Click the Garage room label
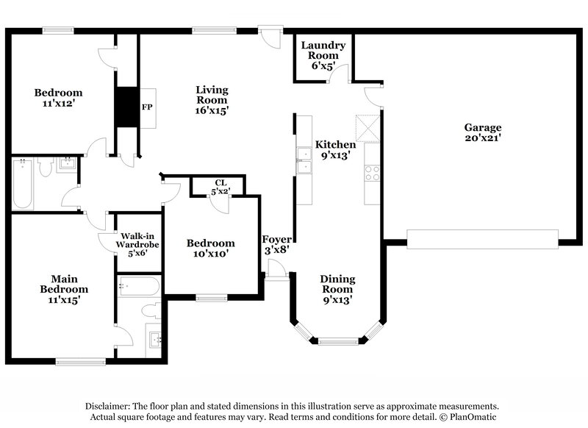point(482,132)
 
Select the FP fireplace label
point(146,107)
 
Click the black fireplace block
point(126,107)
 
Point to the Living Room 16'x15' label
point(211,100)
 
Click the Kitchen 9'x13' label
point(335,150)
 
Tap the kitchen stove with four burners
point(371,174)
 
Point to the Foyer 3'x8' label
point(278,244)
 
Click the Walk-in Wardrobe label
point(137,244)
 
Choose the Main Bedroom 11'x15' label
point(65,289)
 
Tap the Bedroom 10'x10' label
point(210,249)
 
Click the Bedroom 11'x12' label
point(58,98)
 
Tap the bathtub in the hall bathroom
point(21,184)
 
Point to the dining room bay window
point(337,340)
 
